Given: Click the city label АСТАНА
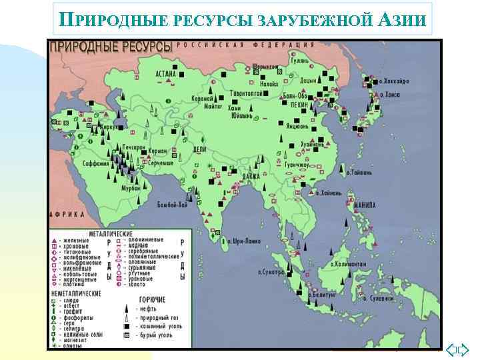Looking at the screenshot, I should click(x=165, y=74).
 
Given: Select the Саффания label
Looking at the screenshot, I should click(x=95, y=163).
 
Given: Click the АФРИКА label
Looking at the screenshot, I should click(x=67, y=215).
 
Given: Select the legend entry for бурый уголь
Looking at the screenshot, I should click(x=155, y=335).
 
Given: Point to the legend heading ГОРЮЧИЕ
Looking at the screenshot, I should click(x=153, y=300).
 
